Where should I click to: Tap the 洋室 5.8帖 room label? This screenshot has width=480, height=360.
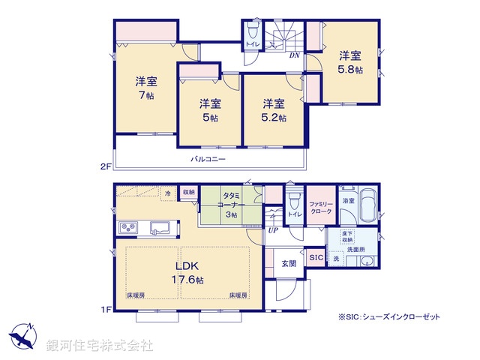(349, 62)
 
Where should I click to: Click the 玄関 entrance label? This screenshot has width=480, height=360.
(289, 262)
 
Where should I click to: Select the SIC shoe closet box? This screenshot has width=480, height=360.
(316, 258)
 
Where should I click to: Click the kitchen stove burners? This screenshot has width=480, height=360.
(125, 228)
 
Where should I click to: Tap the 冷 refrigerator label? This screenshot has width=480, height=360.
(169, 193)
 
